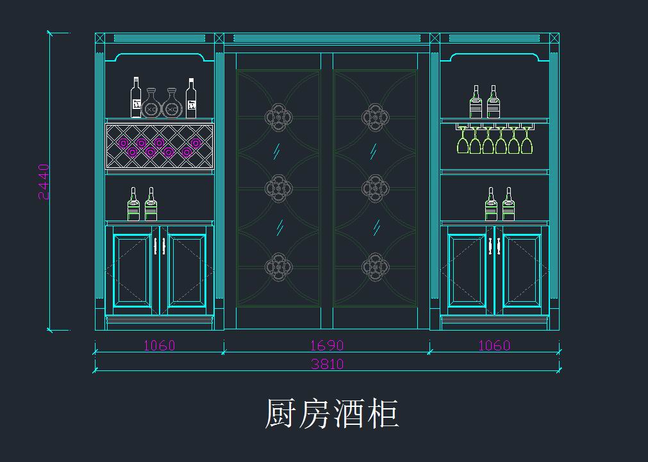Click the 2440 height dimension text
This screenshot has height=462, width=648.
click(44, 182)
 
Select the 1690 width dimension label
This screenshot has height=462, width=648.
click(327, 345)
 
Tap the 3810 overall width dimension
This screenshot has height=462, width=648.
click(327, 364)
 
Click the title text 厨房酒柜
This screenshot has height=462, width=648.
click(332, 413)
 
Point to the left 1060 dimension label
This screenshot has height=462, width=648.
click(159, 345)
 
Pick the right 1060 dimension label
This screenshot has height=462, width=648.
click(494, 345)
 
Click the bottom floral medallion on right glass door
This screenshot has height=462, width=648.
click(375, 267)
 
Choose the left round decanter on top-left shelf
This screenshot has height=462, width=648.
click(151, 104)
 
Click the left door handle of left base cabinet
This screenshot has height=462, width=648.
click(155, 246)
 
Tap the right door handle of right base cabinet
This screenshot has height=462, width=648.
click(498, 246)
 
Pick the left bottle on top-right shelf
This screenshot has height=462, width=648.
click(476, 102)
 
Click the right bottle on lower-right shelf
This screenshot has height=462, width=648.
click(508, 204)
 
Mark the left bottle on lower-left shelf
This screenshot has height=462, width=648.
click(133, 204)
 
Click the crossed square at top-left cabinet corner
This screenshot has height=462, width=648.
click(100, 38)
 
